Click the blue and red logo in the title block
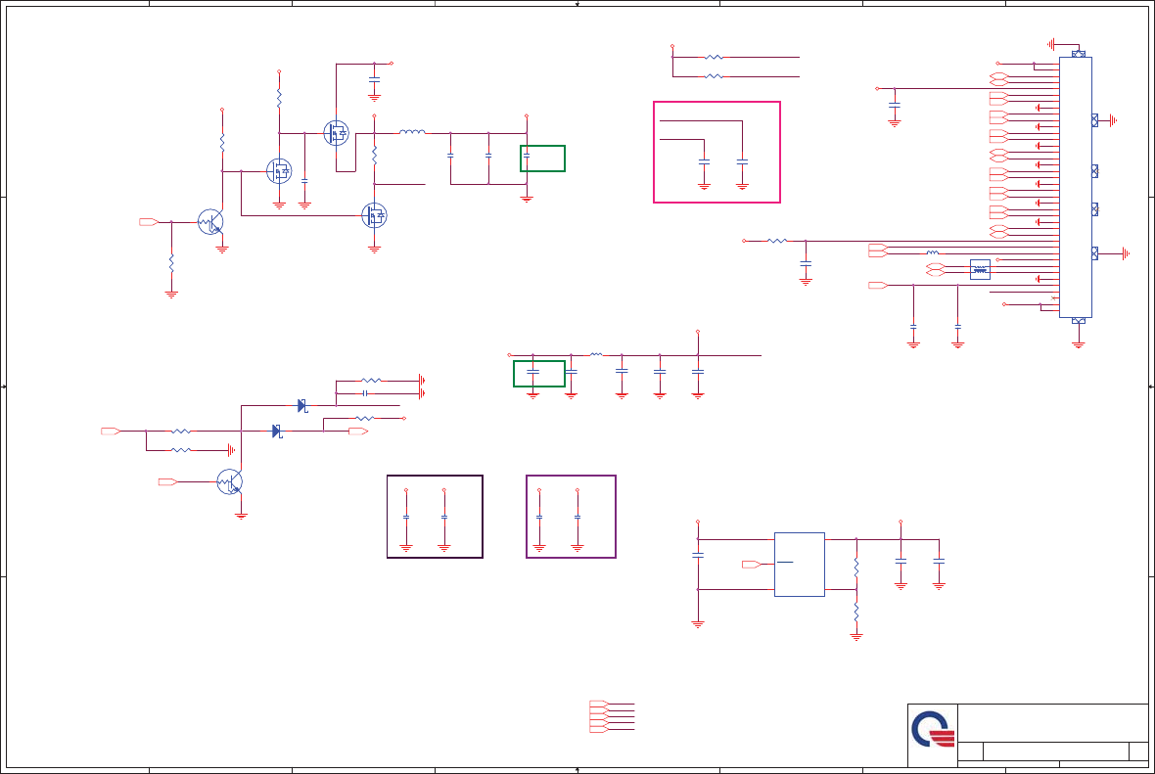(932, 730)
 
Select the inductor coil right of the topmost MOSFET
(412, 131)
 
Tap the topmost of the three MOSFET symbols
(336, 133)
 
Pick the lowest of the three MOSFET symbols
(374, 214)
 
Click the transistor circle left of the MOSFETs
(210, 222)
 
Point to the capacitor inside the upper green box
(527, 156)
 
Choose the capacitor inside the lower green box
(532, 373)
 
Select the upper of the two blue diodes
(302, 405)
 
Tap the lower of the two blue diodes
(277, 431)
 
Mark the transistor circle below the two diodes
(229, 481)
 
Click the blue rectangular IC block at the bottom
(799, 565)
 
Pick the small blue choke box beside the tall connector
(979, 269)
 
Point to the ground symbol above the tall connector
(1052, 44)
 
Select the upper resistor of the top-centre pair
(714, 58)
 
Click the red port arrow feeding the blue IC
(751, 565)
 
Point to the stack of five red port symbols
(598, 717)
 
